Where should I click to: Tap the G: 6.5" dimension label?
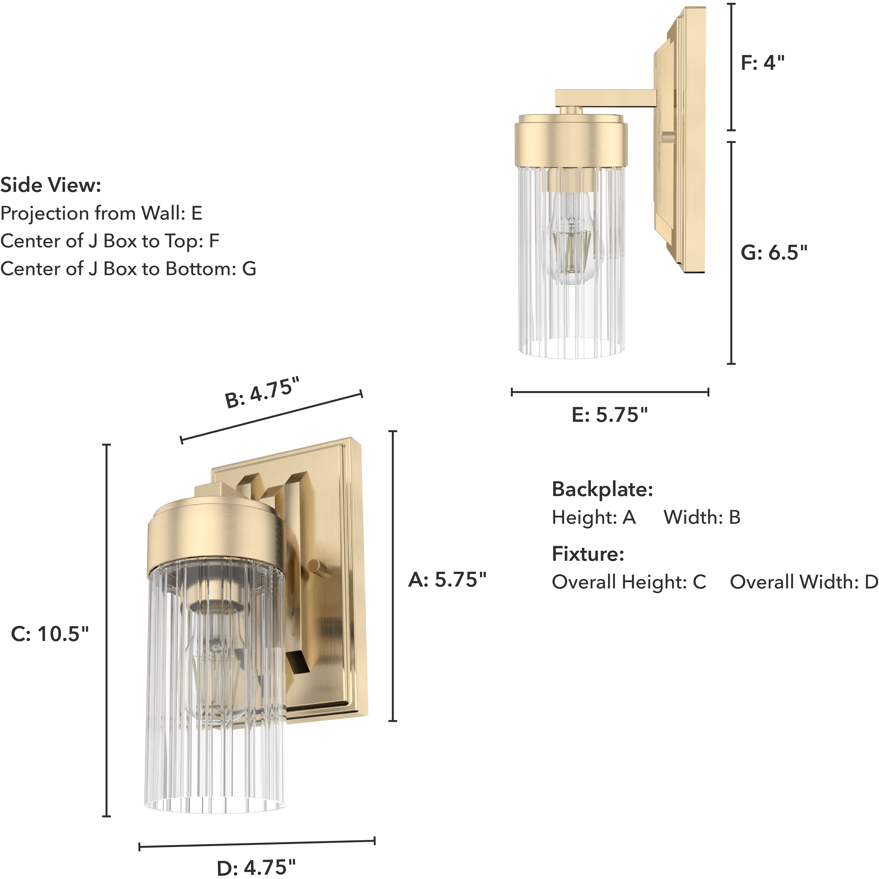(774, 252)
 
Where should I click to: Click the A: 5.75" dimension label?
(447, 580)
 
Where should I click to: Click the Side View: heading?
(50, 185)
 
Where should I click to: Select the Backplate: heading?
(602, 490)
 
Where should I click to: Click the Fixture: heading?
(588, 554)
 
